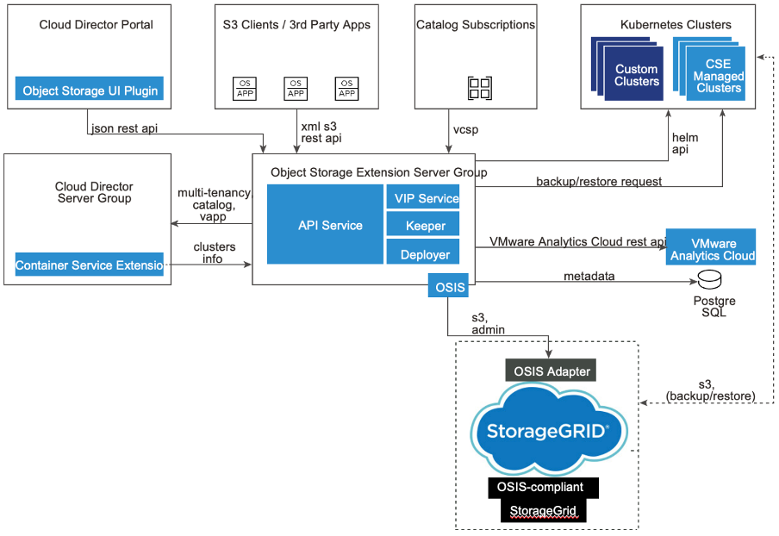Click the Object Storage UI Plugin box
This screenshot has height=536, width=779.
(90, 90)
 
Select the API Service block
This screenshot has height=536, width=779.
(325, 225)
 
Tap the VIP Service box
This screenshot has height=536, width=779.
(427, 198)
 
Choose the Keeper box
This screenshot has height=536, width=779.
(427, 226)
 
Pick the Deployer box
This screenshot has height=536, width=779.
(427, 254)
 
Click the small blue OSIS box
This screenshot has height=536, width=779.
(447, 284)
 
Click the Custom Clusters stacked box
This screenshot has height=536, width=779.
(637, 75)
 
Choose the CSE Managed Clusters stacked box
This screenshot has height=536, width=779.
(718, 75)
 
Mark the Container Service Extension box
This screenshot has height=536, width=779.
(90, 265)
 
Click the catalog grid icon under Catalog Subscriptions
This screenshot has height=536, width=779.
(479, 87)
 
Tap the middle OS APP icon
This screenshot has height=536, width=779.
(296, 88)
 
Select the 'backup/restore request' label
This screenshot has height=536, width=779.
(599, 182)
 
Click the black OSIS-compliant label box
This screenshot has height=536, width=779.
(542, 487)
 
